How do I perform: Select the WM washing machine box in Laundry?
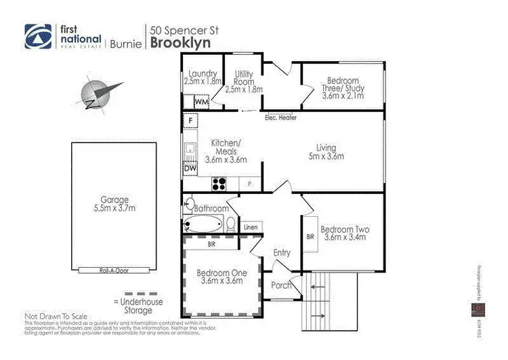point(201,102)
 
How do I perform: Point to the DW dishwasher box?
point(190,168)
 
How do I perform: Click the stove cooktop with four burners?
point(220,182)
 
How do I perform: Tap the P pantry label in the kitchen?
point(250,182)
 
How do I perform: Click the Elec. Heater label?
point(280,117)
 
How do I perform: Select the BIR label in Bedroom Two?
point(311,237)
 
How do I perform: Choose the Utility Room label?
point(244,77)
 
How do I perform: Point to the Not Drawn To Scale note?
point(57,316)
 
